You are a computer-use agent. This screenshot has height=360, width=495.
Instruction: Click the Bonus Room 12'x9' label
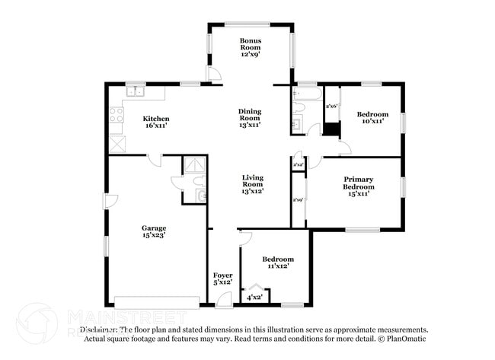[x=251, y=47]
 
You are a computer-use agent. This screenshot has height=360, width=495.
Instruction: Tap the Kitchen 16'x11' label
[x=156, y=122]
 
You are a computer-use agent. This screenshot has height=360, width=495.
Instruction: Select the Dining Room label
[x=250, y=117]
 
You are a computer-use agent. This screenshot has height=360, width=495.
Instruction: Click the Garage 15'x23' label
[x=153, y=231]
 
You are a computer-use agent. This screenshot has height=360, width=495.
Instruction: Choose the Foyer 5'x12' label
[x=222, y=279]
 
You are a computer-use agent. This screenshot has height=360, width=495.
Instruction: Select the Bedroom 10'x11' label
[x=372, y=117]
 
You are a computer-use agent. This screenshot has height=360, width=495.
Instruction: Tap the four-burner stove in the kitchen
[x=117, y=116]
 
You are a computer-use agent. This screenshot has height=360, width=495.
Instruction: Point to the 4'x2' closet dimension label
[x=254, y=298]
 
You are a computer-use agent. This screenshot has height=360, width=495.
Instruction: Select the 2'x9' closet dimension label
[x=299, y=200]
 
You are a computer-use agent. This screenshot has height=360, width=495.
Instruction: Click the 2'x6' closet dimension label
[x=331, y=106]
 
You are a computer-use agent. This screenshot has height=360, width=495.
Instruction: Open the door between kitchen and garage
[x=155, y=160]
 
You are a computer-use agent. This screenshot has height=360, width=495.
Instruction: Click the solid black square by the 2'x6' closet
[x=331, y=127]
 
